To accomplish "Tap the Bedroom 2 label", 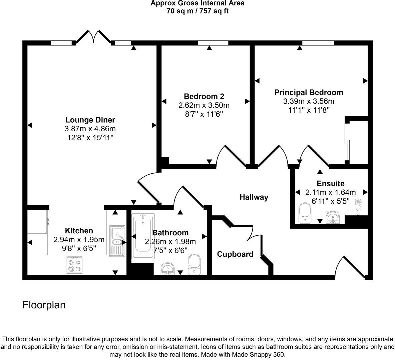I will [204, 97].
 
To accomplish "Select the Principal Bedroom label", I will [309, 92].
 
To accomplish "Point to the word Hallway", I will [254, 197].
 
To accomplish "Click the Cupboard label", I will [235, 254].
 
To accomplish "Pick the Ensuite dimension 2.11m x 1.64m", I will [331, 192].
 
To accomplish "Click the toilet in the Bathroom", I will [194, 264].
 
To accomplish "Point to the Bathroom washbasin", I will [167, 268].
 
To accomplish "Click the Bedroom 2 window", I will [213, 43].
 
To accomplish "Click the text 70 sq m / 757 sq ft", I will [197, 11].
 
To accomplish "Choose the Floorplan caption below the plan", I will [44, 305].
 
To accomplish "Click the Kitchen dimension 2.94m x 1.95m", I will [79, 239].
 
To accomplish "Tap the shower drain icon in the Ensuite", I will [358, 202].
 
